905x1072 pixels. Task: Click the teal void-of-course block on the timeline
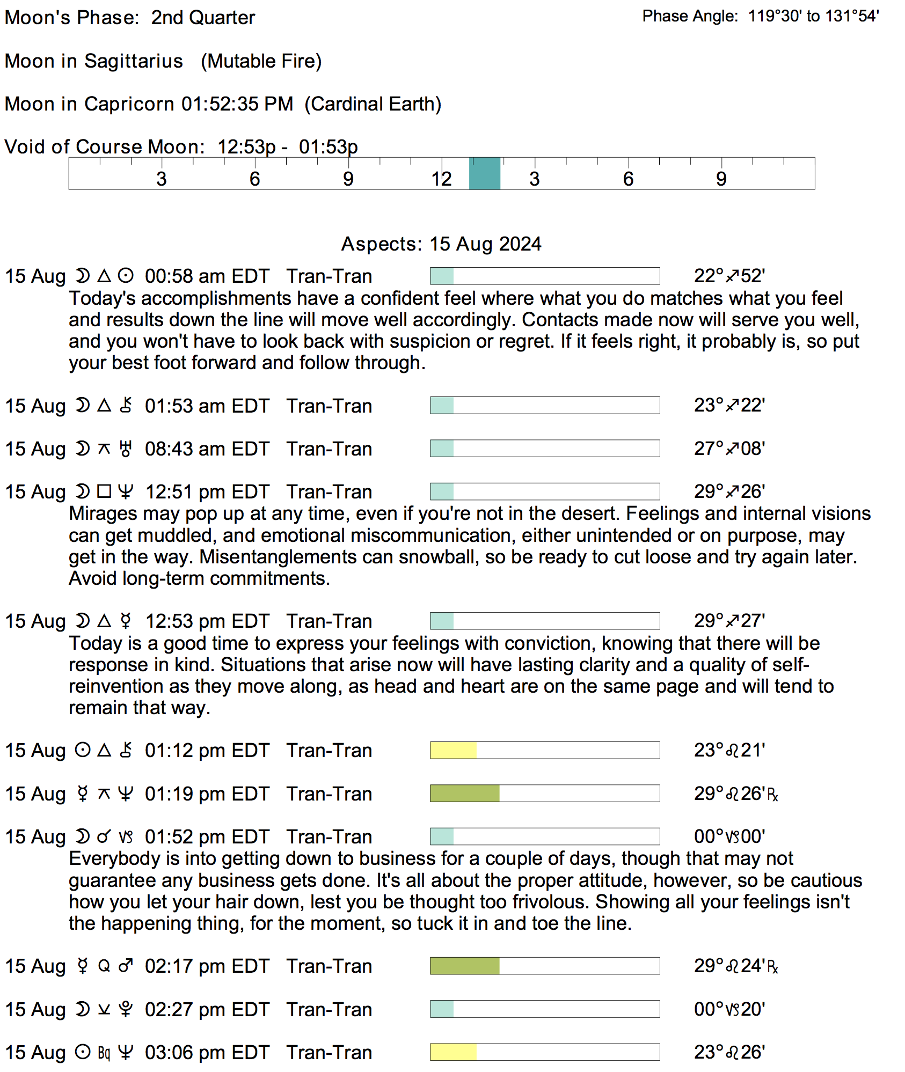(x=484, y=173)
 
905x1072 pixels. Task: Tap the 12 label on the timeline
(x=441, y=179)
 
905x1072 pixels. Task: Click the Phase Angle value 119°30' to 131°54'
(x=813, y=16)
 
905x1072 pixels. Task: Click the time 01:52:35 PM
(x=237, y=104)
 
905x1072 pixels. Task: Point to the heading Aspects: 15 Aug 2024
(x=441, y=244)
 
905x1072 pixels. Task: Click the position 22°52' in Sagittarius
(x=729, y=276)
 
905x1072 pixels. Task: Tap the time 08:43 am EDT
(x=207, y=449)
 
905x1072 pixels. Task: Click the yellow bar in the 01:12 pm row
(x=453, y=750)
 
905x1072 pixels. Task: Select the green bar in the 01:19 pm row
(x=464, y=794)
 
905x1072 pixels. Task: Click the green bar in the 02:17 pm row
(x=464, y=966)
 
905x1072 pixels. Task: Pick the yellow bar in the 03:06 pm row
(x=453, y=1052)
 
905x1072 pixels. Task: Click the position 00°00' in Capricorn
(x=729, y=836)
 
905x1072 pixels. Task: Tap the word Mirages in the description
(x=103, y=514)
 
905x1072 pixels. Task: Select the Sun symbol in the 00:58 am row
(x=126, y=276)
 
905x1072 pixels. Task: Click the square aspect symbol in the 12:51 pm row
(x=104, y=491)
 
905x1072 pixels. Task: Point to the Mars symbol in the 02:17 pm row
(x=126, y=966)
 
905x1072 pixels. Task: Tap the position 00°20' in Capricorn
(x=729, y=1009)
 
